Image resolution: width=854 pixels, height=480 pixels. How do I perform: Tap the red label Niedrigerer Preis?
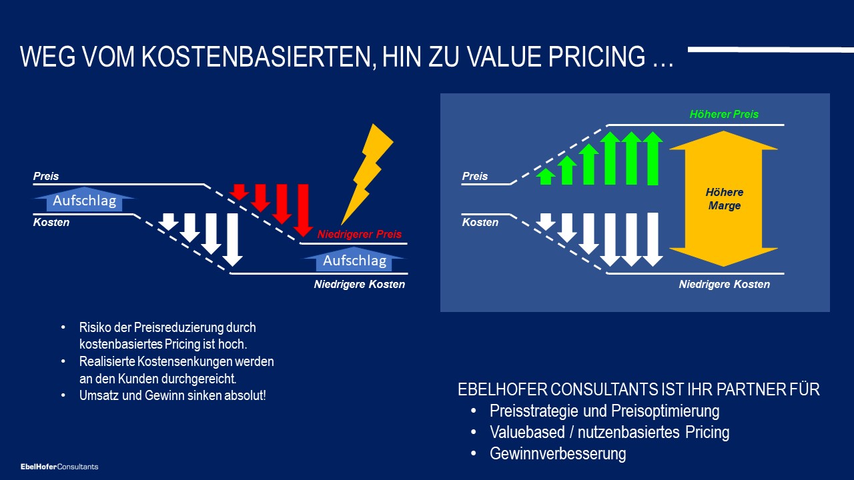pos(360,234)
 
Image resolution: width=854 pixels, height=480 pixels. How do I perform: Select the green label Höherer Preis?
pos(724,114)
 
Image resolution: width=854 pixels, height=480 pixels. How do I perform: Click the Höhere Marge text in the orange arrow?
pos(724,199)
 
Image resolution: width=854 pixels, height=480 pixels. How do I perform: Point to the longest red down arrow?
pos(303,210)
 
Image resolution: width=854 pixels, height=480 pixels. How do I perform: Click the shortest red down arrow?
pos(239,192)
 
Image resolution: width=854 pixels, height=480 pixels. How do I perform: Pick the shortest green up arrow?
pos(546,177)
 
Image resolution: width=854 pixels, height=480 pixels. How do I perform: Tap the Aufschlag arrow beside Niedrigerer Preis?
pos(354,259)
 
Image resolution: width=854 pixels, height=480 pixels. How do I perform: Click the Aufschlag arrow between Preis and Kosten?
pos(84,199)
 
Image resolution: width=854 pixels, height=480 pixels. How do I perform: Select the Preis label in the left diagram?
pos(46,176)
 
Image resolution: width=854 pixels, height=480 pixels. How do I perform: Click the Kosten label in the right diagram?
pos(480,222)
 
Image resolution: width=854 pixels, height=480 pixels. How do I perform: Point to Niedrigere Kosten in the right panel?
pos(725,284)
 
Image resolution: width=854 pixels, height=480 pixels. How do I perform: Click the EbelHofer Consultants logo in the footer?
pos(59,467)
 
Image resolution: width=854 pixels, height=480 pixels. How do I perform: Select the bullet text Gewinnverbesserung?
pos(558,453)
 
